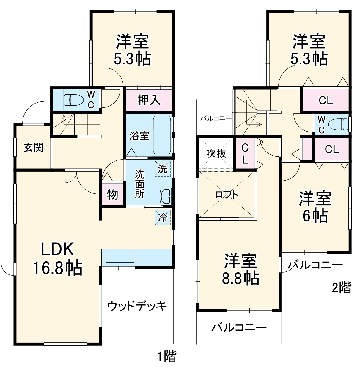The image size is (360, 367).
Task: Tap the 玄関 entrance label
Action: click(x=33, y=147)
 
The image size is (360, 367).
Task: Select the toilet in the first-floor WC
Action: click(x=73, y=99)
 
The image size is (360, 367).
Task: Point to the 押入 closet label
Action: click(x=149, y=100)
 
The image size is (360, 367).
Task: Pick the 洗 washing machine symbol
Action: click(x=163, y=168)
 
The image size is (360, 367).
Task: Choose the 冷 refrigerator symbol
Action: click(x=163, y=218)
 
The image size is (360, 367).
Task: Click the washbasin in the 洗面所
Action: click(x=165, y=196)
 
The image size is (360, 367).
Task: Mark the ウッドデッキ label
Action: click(x=137, y=306)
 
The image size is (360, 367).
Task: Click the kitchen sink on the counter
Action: click(x=120, y=256)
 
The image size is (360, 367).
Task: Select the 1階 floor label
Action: click(x=167, y=356)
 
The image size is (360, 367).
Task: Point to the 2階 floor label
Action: click(x=342, y=288)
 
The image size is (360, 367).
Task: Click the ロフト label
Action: click(x=227, y=195)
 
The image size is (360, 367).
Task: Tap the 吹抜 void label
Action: click(x=216, y=154)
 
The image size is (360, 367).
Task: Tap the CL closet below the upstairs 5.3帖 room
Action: click(x=326, y=100)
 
